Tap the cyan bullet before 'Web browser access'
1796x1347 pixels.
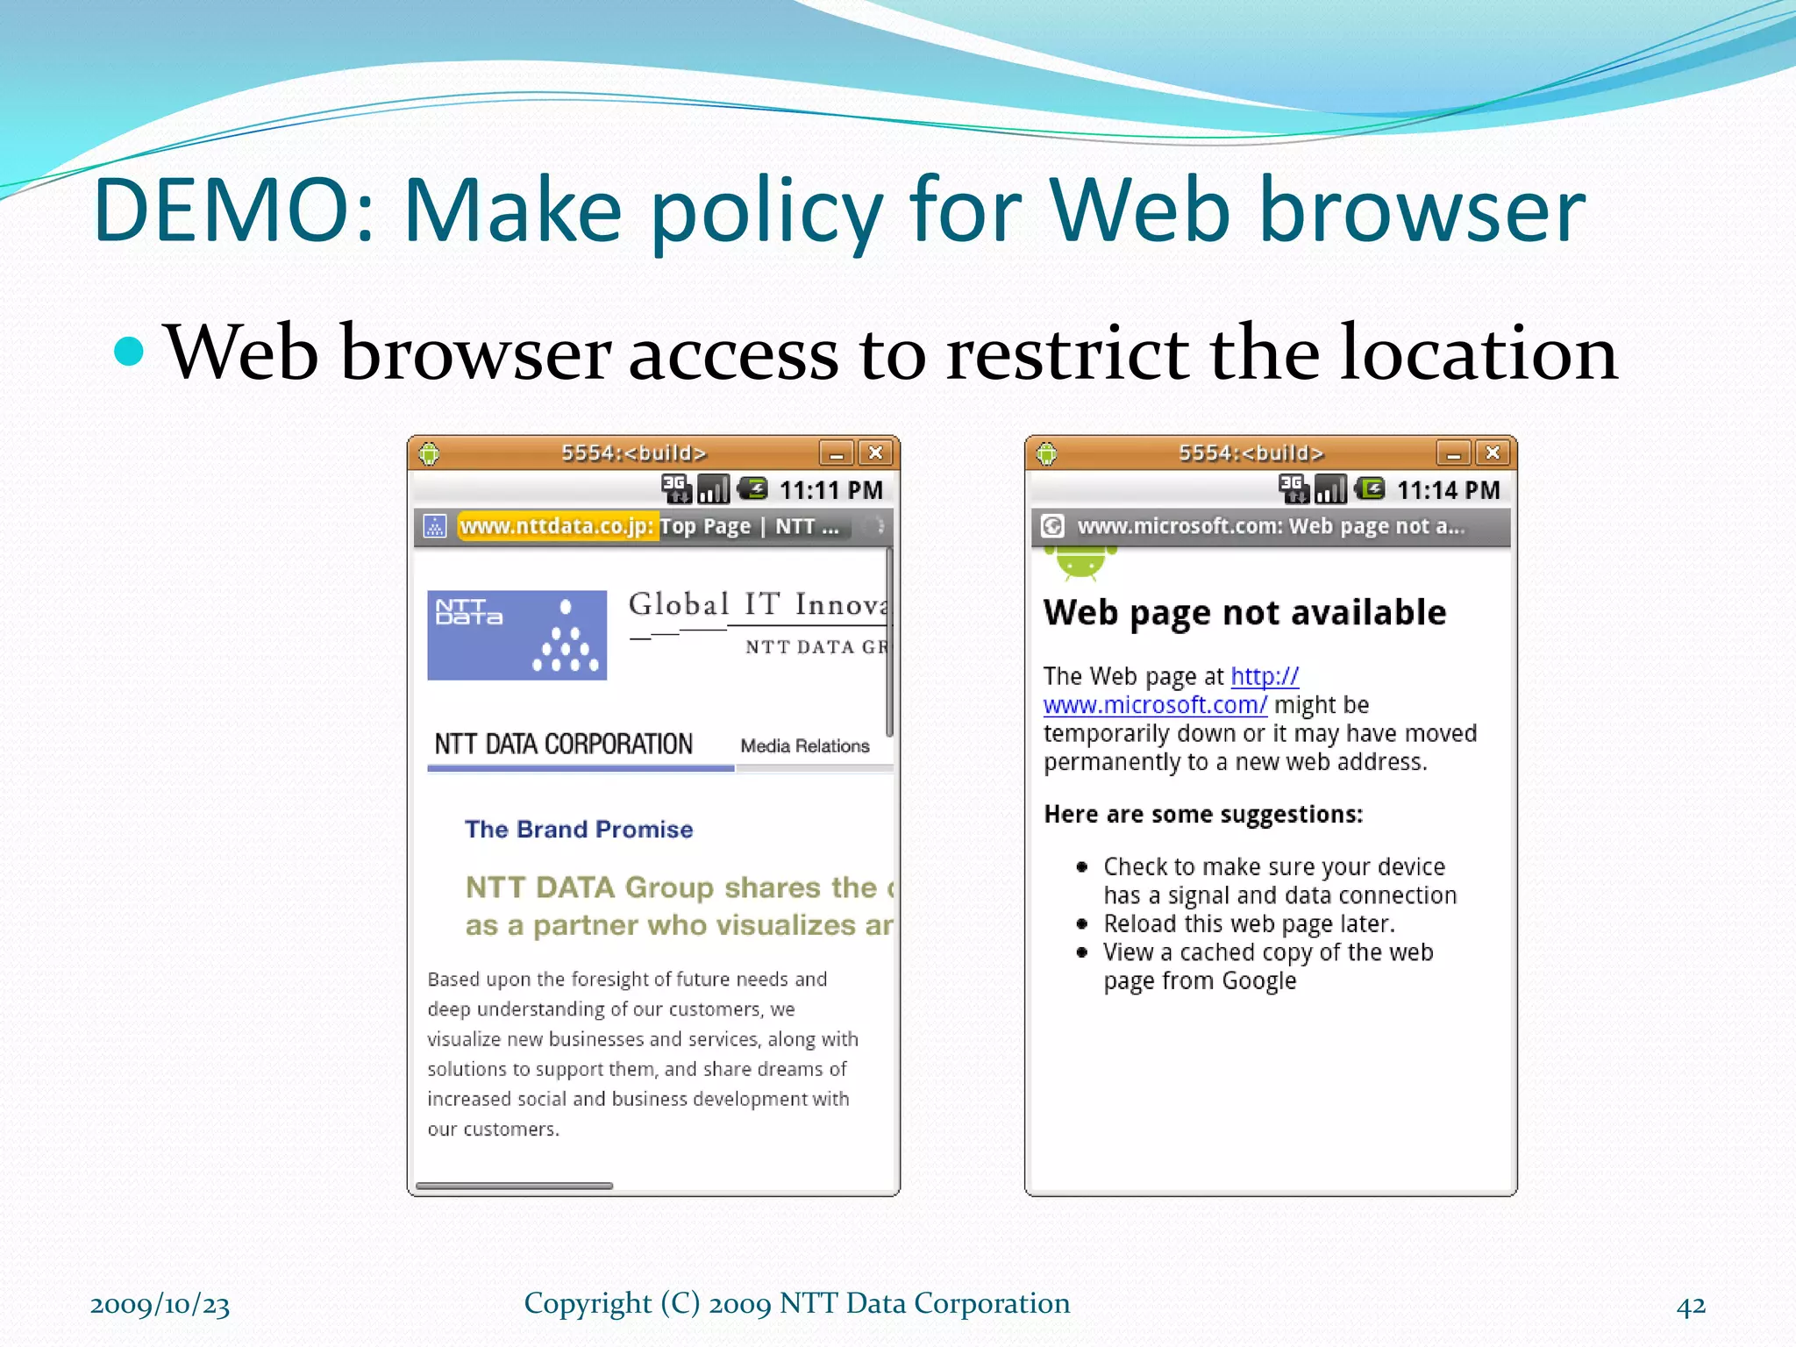tap(129, 352)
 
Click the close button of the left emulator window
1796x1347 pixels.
tap(874, 453)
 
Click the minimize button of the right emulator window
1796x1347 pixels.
tap(1452, 453)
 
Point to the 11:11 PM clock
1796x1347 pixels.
tap(830, 489)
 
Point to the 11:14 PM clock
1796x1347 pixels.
tap(1448, 489)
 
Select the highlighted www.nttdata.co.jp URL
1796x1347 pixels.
tap(557, 526)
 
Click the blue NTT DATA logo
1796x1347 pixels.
tap(517, 635)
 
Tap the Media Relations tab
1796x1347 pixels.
tap(804, 745)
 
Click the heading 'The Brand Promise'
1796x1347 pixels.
tap(579, 830)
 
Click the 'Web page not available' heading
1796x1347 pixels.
tap(1244, 612)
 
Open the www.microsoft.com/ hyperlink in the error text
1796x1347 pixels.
tap(1155, 705)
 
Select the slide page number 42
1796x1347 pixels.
tap(1691, 1305)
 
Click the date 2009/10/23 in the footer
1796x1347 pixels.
tap(160, 1305)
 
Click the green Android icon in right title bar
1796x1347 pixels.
tap(1046, 453)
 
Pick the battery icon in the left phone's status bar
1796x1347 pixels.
tap(752, 488)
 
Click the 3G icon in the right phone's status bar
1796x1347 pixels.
tap(1293, 488)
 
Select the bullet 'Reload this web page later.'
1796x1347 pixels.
tap(1249, 923)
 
